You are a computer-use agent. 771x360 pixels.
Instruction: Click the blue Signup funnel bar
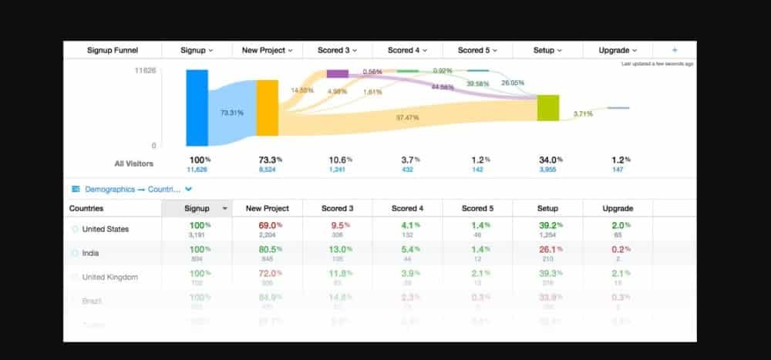click(197, 107)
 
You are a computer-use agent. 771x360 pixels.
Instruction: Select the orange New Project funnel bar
click(267, 108)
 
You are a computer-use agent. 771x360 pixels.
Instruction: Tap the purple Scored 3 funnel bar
click(338, 73)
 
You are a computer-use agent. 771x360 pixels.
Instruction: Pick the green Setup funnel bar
click(548, 108)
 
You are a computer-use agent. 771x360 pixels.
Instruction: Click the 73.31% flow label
click(232, 113)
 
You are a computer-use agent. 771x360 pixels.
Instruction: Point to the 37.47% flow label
click(408, 117)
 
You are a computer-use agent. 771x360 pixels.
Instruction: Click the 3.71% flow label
click(583, 113)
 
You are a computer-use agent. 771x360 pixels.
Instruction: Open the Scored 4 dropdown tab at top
click(407, 50)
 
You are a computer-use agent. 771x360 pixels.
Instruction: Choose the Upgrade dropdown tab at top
click(618, 50)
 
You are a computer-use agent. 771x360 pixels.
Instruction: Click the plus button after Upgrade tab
click(675, 50)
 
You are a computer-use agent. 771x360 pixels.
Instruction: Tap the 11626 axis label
click(145, 71)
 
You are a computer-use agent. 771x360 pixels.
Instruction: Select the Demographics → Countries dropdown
click(131, 188)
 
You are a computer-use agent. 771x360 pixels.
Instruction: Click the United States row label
click(106, 229)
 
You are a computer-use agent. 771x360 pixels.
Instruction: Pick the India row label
click(90, 253)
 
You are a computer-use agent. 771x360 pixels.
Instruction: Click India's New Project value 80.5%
click(267, 249)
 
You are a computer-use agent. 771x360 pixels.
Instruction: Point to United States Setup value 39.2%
click(547, 225)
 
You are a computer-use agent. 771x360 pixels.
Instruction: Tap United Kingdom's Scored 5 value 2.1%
click(476, 273)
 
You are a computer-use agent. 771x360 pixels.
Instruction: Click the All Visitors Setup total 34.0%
click(547, 160)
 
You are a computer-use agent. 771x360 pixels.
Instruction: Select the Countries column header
click(86, 208)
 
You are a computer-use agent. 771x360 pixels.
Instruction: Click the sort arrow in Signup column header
click(225, 209)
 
